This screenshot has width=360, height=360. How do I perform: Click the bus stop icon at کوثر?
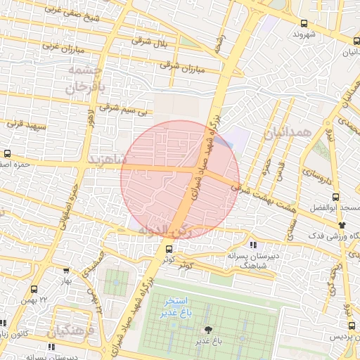point(168,248)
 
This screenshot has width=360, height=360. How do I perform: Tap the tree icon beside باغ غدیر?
point(208,330)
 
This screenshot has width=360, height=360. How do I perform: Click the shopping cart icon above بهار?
point(66,270)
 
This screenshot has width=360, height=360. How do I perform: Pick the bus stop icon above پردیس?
point(352,325)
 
